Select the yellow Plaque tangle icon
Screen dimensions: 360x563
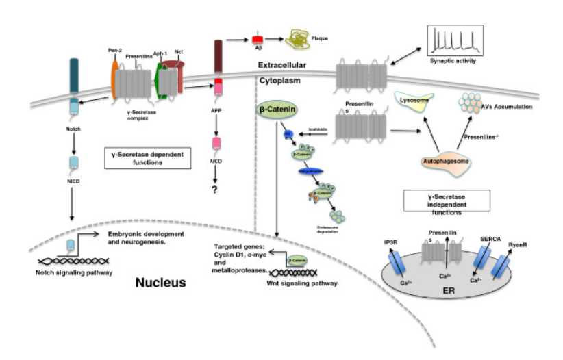pyautogui.click(x=299, y=39)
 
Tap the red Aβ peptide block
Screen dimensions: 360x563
pyautogui.click(x=259, y=40)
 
